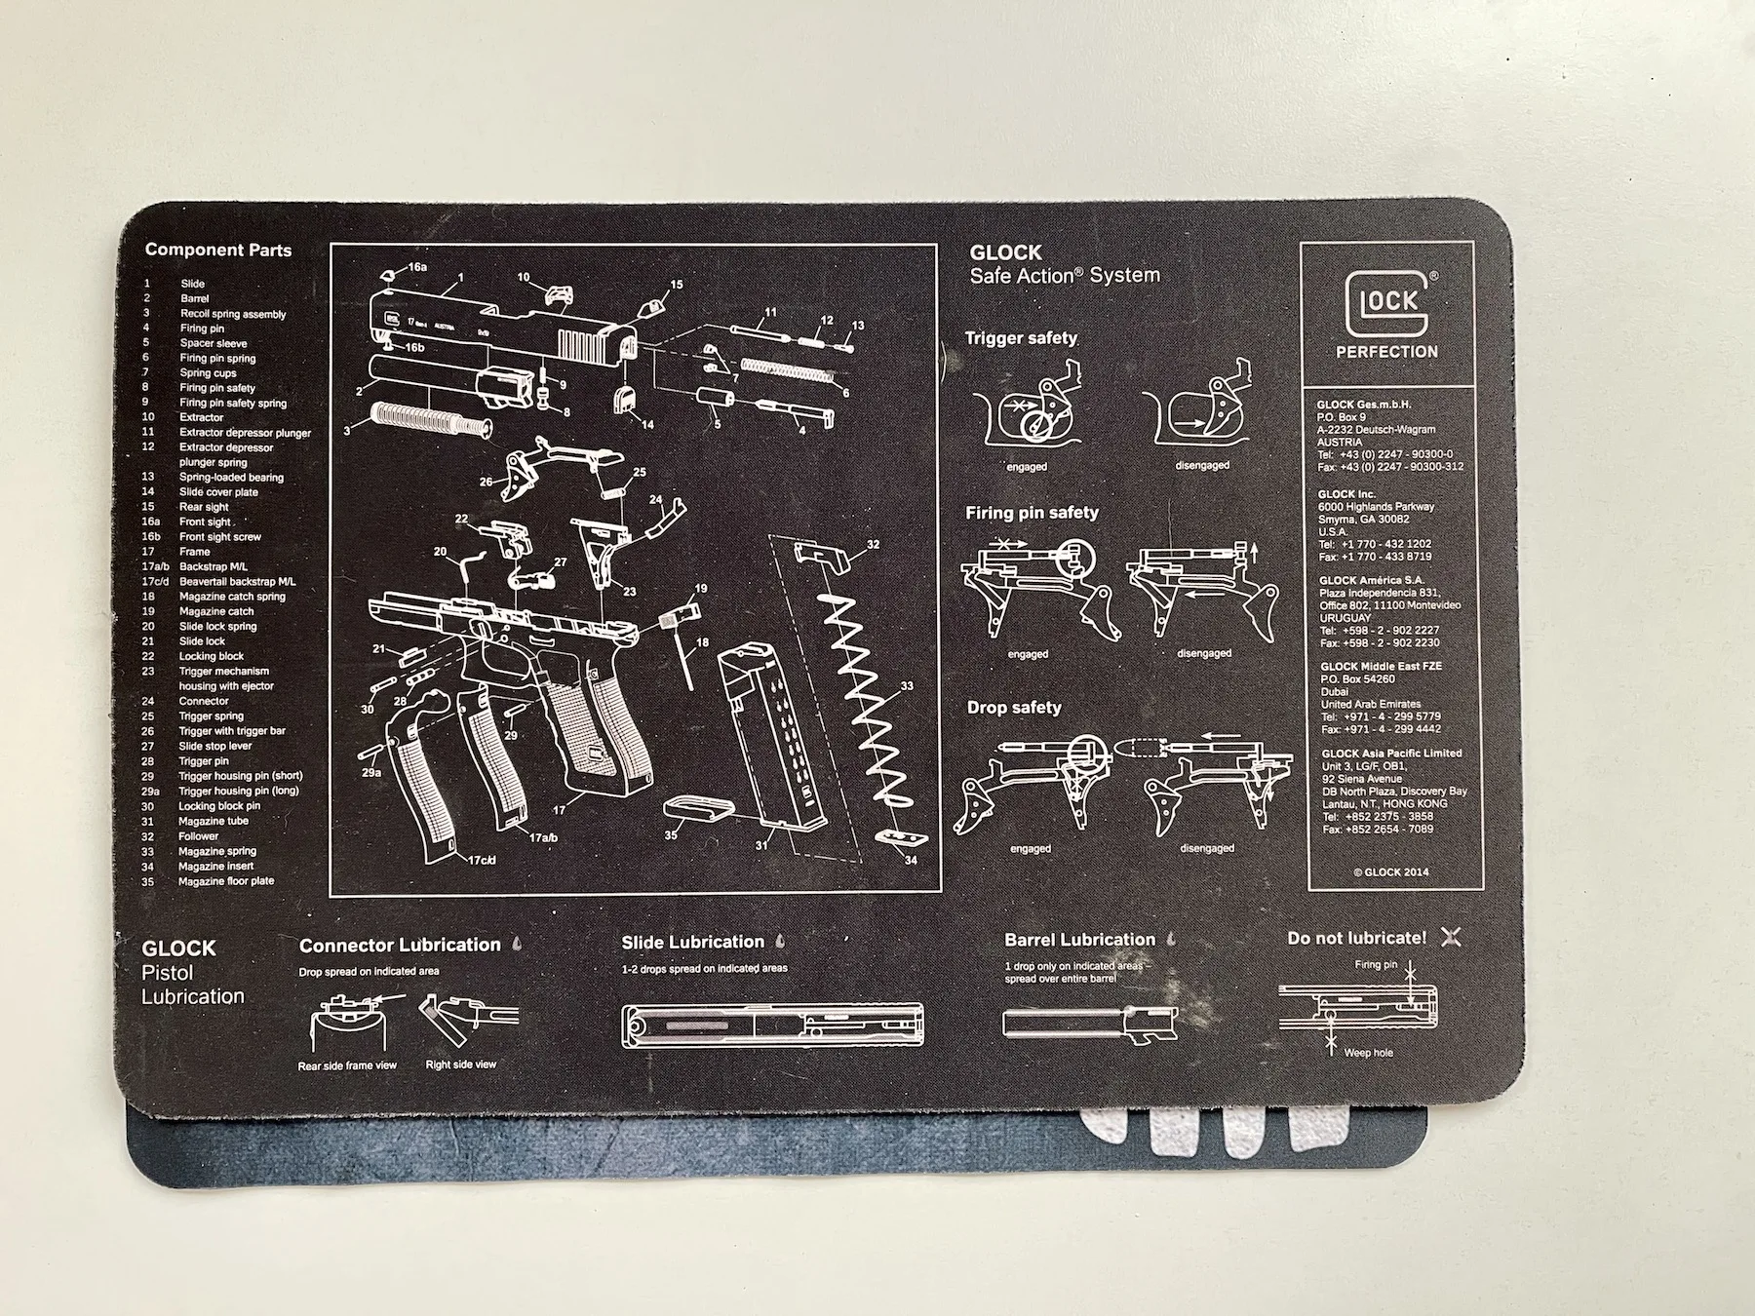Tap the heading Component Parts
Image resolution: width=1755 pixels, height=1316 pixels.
coord(218,251)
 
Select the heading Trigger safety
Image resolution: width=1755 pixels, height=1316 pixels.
coord(1021,338)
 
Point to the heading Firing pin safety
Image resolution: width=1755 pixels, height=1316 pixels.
coord(1032,513)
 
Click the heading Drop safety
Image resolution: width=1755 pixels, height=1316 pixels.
coord(1014,708)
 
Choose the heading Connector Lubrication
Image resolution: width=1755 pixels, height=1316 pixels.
coord(400,945)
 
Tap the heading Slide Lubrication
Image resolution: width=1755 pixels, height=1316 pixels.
coord(693,942)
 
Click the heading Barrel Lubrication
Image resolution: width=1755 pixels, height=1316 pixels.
coord(1079,940)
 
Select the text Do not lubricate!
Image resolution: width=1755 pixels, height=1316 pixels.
coord(1356,938)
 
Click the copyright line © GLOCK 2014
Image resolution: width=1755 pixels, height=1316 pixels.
coord(1390,871)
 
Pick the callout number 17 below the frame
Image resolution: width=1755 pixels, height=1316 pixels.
coord(559,810)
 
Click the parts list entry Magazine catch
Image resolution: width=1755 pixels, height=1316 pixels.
coord(216,611)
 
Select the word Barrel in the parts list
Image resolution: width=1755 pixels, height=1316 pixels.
coord(194,298)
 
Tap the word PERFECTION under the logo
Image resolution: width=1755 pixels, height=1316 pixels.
coord(1386,352)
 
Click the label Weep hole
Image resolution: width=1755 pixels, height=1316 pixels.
coord(1368,1053)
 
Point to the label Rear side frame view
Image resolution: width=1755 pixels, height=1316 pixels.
coord(347,1065)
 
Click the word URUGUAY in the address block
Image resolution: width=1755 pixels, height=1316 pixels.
coord(1345,618)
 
